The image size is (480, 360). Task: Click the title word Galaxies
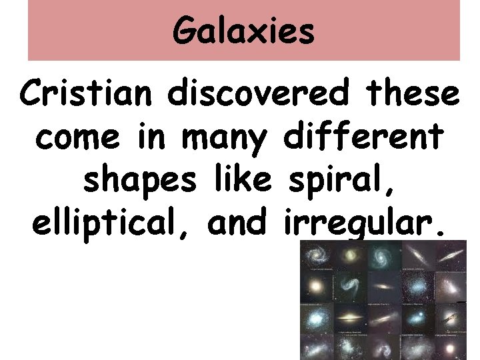pyautogui.click(x=243, y=31)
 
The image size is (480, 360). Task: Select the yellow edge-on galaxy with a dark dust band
pyautogui.click(x=351, y=318)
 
